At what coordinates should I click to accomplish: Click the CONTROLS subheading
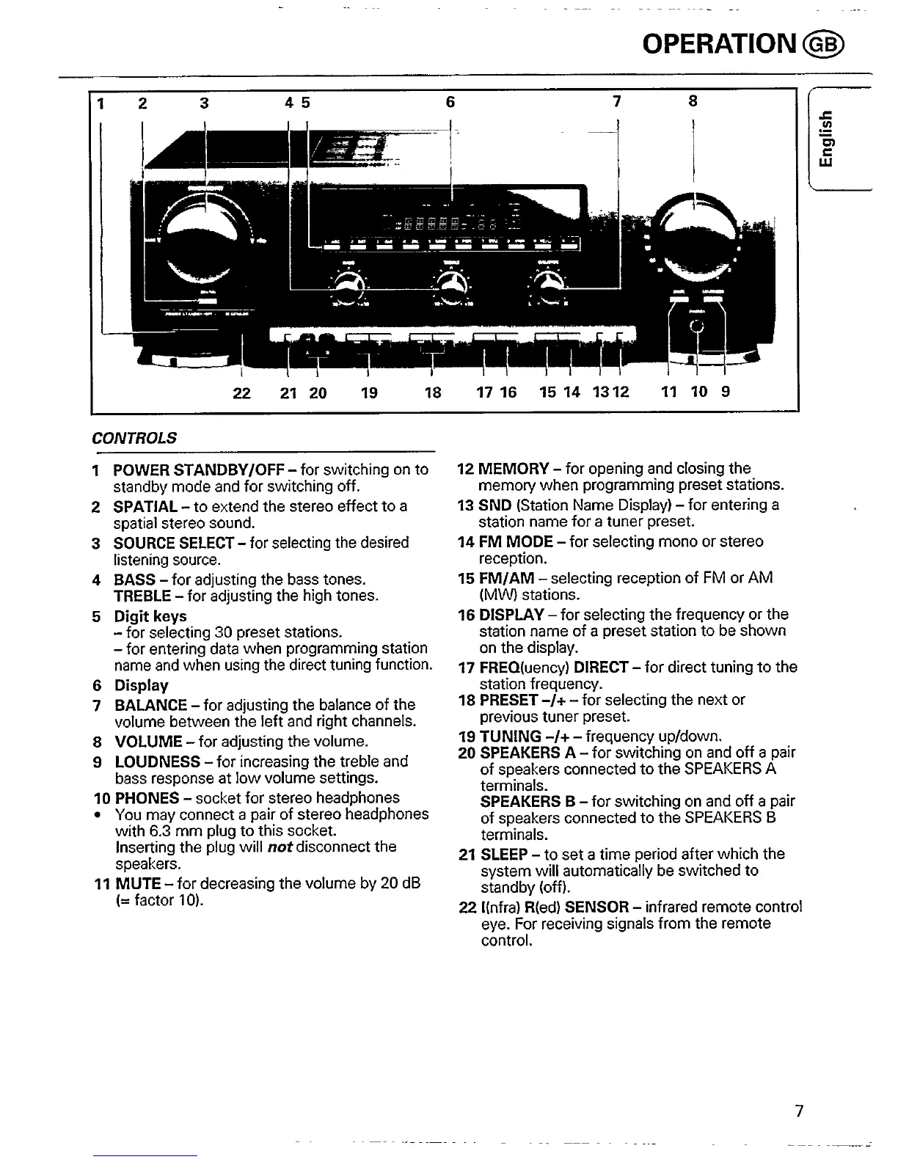click(x=134, y=438)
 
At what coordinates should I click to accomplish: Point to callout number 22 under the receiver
click(x=241, y=392)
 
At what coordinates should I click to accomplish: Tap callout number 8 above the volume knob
click(x=693, y=101)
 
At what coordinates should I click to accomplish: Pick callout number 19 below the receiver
click(x=369, y=392)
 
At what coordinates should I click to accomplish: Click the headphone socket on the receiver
click(x=698, y=328)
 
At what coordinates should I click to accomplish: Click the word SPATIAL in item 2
click(x=145, y=506)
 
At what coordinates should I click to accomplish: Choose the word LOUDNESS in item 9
click(x=157, y=761)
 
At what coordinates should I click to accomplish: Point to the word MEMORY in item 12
click(x=514, y=469)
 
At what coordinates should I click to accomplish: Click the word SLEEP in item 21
click(x=504, y=854)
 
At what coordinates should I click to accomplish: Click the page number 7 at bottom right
click(x=800, y=1111)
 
